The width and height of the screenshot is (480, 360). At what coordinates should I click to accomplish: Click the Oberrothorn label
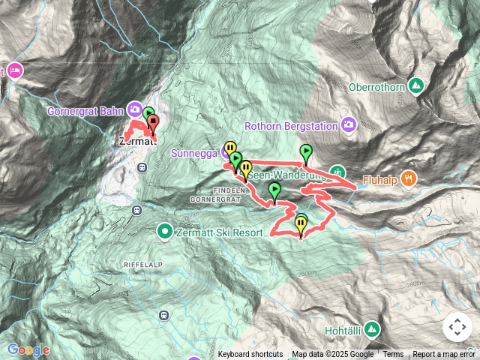tap(376, 87)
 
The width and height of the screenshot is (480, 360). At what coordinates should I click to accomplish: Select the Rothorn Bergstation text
tap(291, 126)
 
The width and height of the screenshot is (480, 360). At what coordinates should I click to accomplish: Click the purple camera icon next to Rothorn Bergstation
tap(349, 124)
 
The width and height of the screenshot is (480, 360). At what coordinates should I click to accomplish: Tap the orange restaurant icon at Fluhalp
tap(408, 178)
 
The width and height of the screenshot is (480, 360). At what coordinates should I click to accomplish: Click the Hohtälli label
tap(344, 330)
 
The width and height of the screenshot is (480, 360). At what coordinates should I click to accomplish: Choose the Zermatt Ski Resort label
tap(219, 232)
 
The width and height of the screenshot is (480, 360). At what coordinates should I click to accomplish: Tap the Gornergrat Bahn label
tap(87, 111)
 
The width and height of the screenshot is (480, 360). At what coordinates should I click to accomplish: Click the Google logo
tap(28, 349)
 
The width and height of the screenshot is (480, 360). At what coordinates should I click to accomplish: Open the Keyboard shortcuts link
tap(250, 355)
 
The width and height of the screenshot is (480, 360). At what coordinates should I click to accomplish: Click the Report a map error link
tap(445, 355)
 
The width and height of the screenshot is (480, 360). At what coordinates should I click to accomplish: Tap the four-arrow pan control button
tap(457, 327)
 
